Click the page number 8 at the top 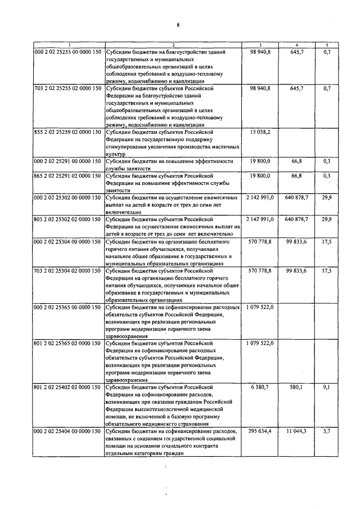(x=178, y=25)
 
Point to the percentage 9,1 (x=327, y=387)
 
